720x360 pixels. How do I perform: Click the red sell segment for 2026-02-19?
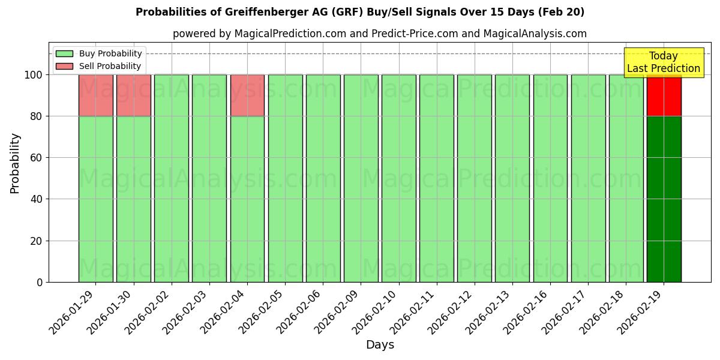click(x=664, y=95)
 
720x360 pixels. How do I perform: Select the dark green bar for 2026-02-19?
click(x=664, y=199)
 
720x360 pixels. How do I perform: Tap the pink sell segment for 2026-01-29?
click(x=95, y=95)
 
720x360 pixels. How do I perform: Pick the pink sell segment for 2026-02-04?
click(x=247, y=95)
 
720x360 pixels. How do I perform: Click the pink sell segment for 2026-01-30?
click(x=133, y=95)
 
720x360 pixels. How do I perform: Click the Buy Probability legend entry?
click(x=100, y=53)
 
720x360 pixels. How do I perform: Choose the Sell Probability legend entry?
click(x=100, y=66)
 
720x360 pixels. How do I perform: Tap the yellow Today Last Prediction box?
click(x=663, y=62)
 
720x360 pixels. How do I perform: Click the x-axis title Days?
click(x=380, y=345)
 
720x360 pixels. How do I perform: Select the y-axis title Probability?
click(x=15, y=163)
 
